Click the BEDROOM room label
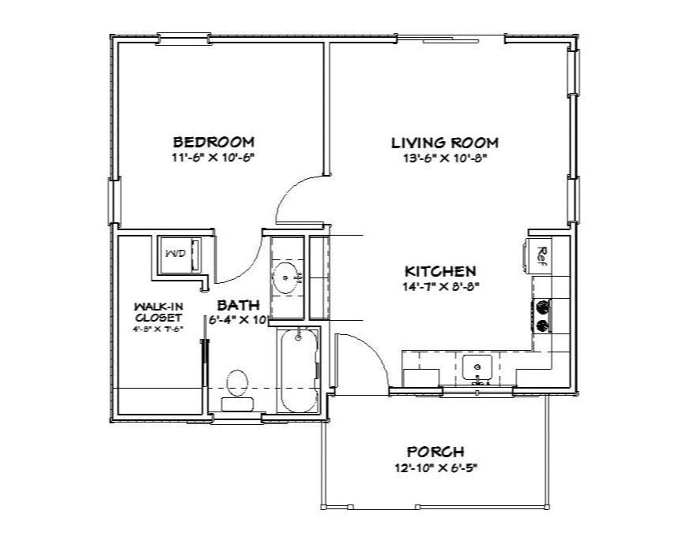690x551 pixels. click(213, 143)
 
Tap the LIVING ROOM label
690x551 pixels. click(445, 143)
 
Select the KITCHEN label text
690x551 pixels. click(440, 270)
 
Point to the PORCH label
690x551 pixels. click(435, 452)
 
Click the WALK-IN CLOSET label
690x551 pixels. click(158, 311)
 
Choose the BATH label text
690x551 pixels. click(234, 304)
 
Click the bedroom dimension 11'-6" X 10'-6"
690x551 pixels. click(213, 158)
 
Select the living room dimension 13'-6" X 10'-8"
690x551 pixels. click(445, 158)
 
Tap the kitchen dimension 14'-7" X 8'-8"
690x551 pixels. click(440, 285)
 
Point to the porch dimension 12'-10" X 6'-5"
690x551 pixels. click(435, 467)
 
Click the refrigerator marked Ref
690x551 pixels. click(540, 254)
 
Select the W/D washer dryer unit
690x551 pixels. click(179, 254)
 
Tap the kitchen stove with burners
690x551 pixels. click(542, 315)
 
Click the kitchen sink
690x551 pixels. click(477, 367)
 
